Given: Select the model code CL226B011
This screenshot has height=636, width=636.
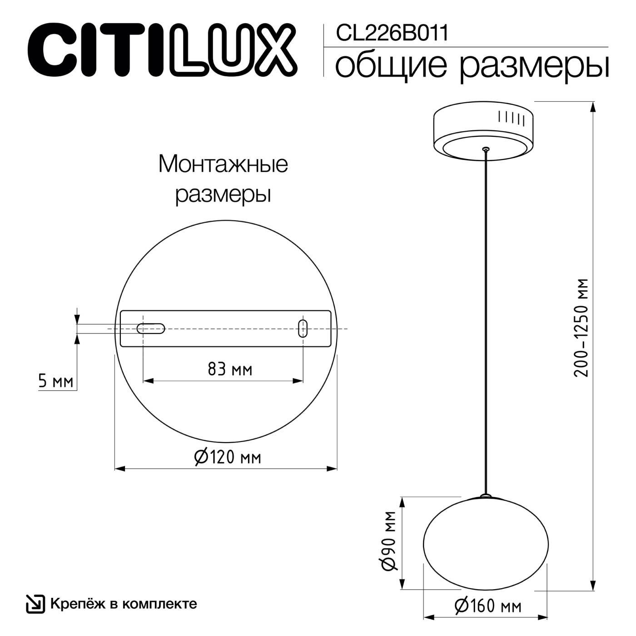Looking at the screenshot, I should [392, 33].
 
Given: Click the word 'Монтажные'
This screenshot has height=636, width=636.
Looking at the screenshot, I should [223, 164].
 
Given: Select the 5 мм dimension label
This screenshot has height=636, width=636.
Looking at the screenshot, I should [56, 381].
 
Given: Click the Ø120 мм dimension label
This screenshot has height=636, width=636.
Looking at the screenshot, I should [228, 457].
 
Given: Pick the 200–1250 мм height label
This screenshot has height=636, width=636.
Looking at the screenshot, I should [581, 327].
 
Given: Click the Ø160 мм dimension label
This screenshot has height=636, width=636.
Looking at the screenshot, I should [488, 606].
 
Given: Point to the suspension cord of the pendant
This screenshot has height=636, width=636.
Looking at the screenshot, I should [486, 318].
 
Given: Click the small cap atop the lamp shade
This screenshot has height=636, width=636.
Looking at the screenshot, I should [486, 496].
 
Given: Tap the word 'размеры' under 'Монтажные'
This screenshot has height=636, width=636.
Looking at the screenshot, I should [223, 195].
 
